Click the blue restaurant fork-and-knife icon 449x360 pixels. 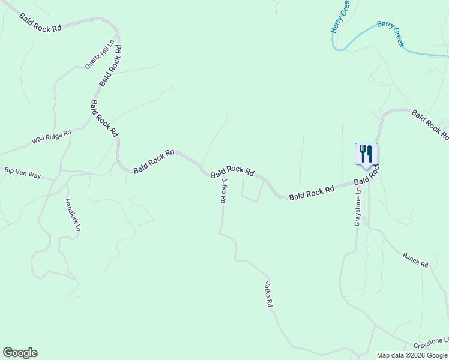click(x=366, y=154)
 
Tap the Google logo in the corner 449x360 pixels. click(x=20, y=353)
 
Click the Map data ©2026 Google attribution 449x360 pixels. click(x=412, y=355)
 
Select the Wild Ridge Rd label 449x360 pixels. click(x=52, y=137)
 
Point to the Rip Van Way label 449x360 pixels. click(x=22, y=173)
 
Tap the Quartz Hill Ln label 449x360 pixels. click(x=100, y=55)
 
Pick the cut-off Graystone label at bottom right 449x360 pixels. click(x=430, y=343)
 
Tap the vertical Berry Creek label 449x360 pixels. click(x=339, y=17)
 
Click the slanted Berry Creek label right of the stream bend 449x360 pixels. click(x=391, y=34)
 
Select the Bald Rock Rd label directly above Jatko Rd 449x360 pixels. click(x=233, y=172)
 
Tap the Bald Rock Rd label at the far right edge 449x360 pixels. click(x=430, y=125)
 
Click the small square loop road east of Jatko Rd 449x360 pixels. click(x=252, y=188)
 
